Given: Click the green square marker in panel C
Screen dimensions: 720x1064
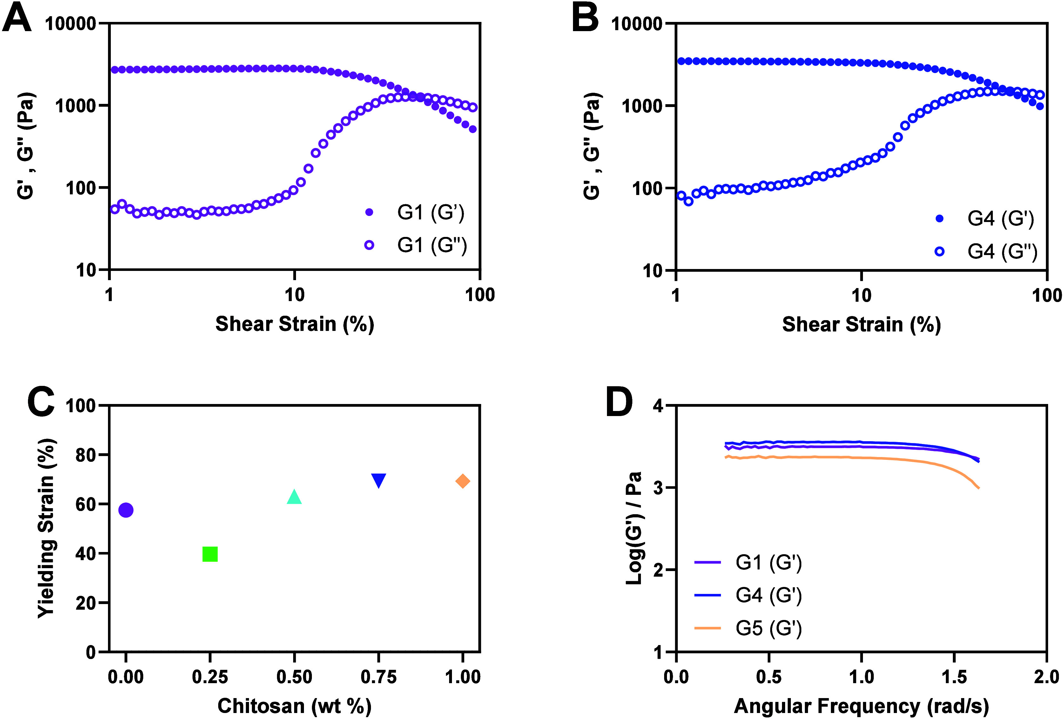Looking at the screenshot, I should coord(210,554).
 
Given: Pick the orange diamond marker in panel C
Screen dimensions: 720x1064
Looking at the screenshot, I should coord(462,481).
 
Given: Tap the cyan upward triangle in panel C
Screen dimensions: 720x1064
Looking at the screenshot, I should coord(294,497).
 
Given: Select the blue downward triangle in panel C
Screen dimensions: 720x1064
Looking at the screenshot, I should coord(379,480).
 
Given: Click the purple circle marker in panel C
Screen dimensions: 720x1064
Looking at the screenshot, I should coord(126,510).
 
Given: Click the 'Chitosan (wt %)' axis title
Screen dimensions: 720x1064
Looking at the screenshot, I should coord(294,706).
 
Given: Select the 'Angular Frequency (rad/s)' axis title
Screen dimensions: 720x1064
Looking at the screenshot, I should coord(861,706).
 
